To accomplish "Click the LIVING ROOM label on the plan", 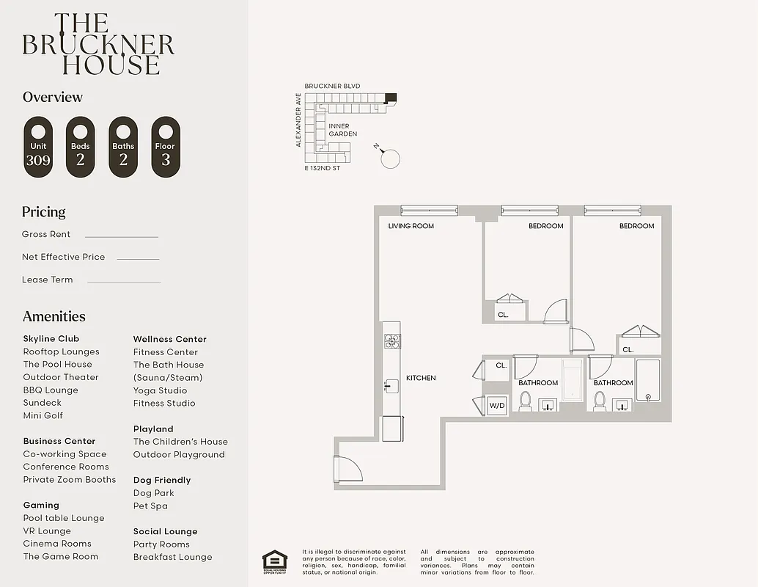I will pos(411,226).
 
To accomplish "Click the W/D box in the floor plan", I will pos(497,404).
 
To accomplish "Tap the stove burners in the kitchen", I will pos(392,340).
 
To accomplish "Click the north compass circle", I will pos(390,158).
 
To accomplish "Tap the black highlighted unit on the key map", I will pos(391,96).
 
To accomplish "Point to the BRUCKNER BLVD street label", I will pos(332,86).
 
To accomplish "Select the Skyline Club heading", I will pos(51,339).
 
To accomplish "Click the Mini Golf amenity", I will pos(43,415).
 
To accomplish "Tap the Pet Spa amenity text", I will pos(150,506).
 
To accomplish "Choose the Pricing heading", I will pos(43,212).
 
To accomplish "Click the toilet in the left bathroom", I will pos(525,401).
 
